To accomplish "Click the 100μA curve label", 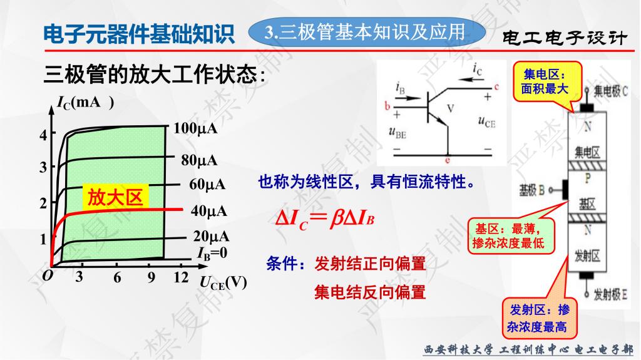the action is (x=195, y=128).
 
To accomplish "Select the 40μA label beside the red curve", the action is (x=209, y=211).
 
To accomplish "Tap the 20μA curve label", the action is (x=212, y=237).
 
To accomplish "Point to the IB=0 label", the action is (x=212, y=253).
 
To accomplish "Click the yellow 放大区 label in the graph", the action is (x=115, y=197).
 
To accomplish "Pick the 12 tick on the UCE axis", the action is (x=181, y=277).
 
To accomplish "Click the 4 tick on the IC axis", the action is (x=43, y=135).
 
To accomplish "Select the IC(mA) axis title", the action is (x=85, y=102).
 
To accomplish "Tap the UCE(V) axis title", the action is (x=223, y=282).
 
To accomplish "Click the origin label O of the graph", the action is (x=48, y=275).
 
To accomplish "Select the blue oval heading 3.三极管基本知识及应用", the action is (x=367, y=32).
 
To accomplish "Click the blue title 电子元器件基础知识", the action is (x=139, y=34).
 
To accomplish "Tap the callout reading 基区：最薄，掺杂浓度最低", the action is (x=511, y=235).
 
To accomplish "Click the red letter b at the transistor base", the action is (x=387, y=106).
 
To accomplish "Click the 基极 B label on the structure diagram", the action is (x=531, y=190).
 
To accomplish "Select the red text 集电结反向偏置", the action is (x=370, y=292).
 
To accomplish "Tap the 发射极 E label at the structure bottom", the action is (x=610, y=294).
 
